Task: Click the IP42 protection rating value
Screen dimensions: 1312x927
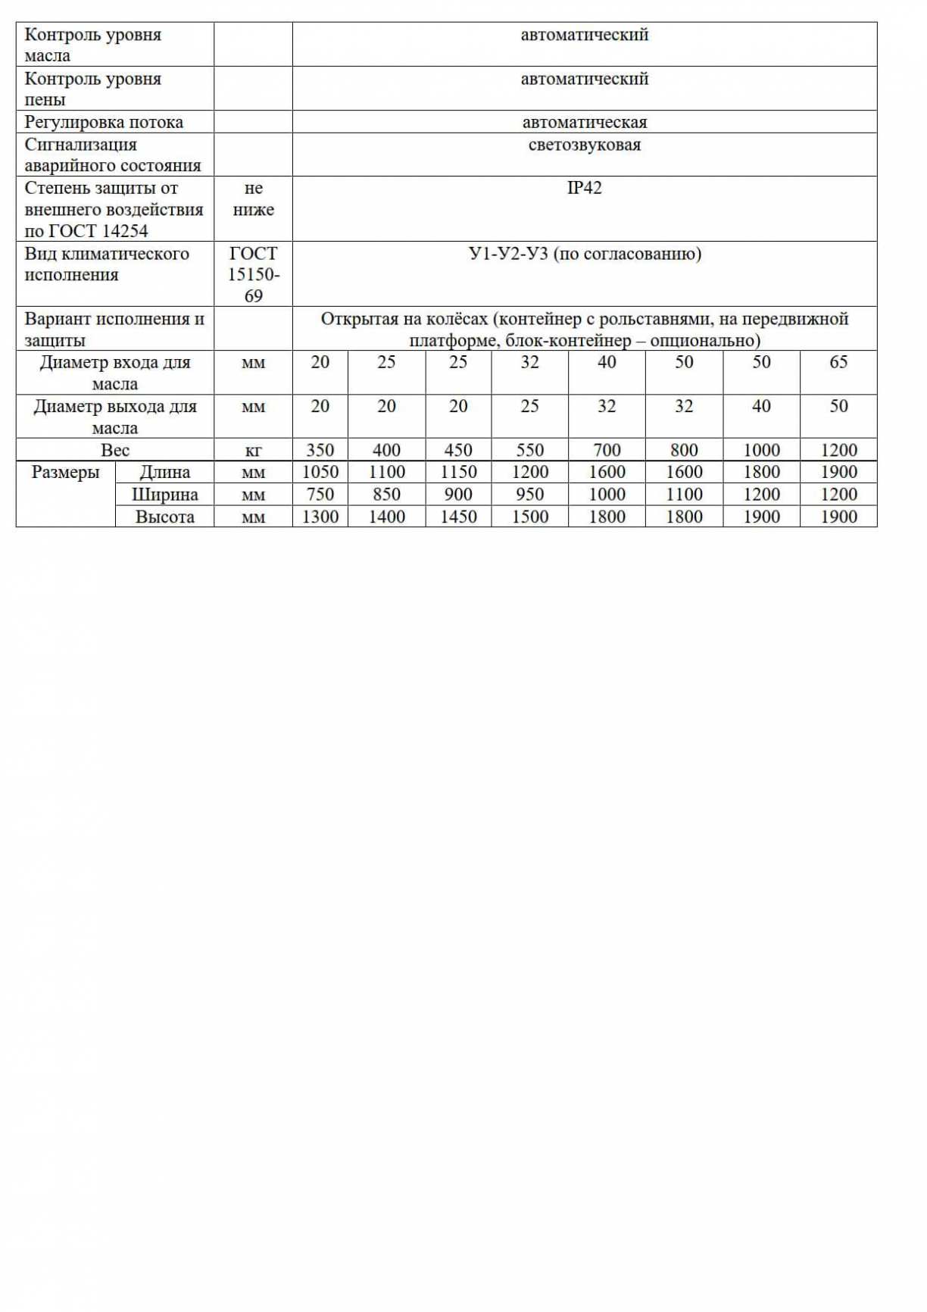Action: [x=584, y=188]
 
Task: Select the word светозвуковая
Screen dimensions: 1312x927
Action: [x=584, y=145]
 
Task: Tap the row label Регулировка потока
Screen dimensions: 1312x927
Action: [x=104, y=122]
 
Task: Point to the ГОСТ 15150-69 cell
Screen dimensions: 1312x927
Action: [x=253, y=274]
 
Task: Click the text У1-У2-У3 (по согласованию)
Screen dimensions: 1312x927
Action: [x=584, y=254]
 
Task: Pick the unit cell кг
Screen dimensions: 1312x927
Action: [x=253, y=450]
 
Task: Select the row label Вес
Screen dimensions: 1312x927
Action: [x=115, y=450]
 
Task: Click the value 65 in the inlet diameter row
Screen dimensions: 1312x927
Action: [x=838, y=362]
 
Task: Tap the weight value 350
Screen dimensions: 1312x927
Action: [x=320, y=450]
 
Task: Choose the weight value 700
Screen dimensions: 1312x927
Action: [x=606, y=450]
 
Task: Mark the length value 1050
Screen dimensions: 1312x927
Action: [x=320, y=472]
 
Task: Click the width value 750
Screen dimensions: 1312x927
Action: [x=320, y=495]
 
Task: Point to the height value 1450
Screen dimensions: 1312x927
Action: [x=457, y=517]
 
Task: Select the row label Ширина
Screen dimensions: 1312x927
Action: [x=164, y=495]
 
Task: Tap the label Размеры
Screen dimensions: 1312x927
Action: [x=65, y=473]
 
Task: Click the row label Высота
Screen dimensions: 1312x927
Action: [x=164, y=517]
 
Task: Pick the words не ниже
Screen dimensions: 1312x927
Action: [x=253, y=198]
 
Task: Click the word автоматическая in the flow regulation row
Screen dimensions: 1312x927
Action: [x=584, y=122]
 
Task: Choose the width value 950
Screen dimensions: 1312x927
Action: [x=529, y=495]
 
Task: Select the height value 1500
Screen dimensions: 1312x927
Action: [x=529, y=517]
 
